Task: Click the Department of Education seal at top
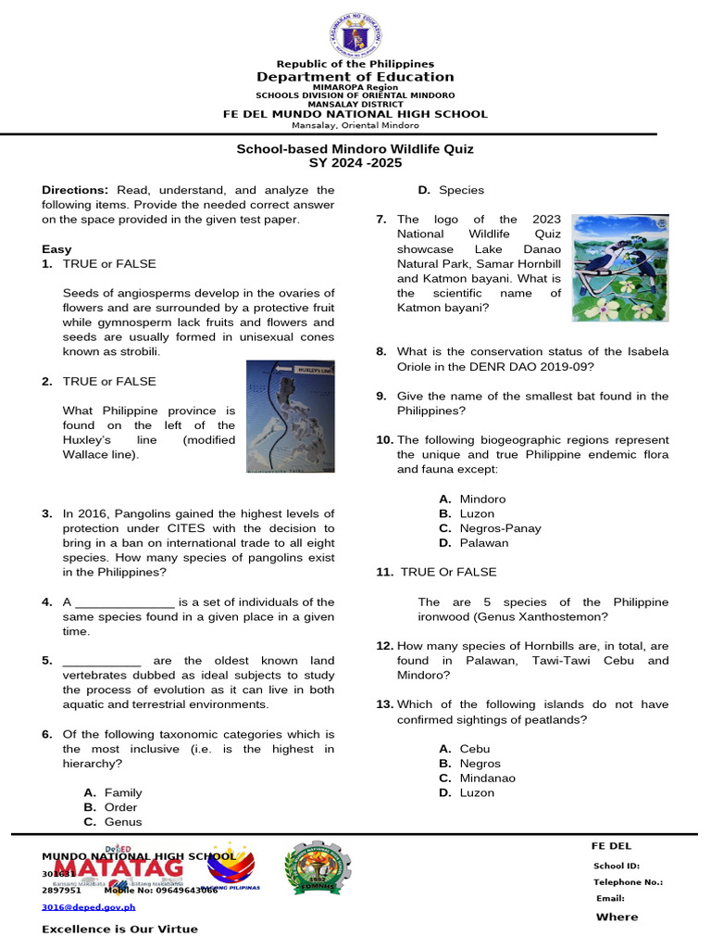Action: coord(355,35)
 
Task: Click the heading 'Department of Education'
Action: coord(355,77)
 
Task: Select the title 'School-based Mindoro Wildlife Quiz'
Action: coord(355,149)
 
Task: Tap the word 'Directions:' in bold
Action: coord(75,190)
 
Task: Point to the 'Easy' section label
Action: coord(56,250)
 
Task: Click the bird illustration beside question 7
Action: coord(619,268)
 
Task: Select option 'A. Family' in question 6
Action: coord(113,793)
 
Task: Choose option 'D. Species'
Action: coord(451,190)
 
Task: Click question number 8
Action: coord(380,352)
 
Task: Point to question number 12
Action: coord(384,646)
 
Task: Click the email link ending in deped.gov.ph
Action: coord(88,908)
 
